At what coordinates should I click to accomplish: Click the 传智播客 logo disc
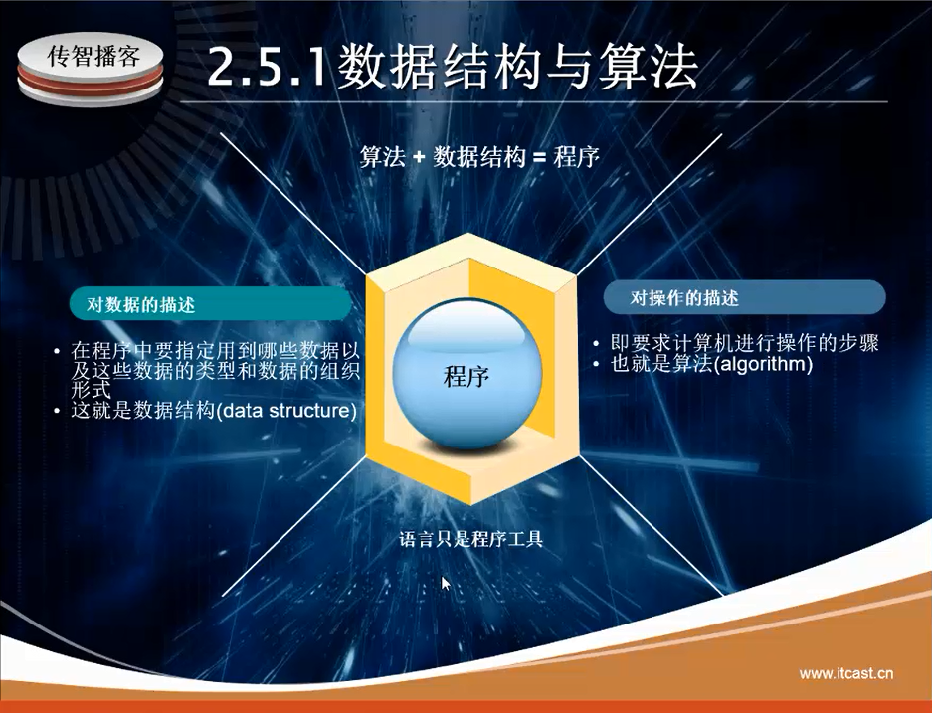click(91, 69)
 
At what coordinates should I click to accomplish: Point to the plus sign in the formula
click(419, 158)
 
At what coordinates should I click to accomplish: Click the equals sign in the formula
click(539, 158)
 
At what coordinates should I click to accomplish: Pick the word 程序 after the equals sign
click(576, 157)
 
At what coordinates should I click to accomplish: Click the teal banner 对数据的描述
click(211, 304)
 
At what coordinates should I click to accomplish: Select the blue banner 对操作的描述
click(744, 297)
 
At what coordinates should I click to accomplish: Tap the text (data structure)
click(285, 411)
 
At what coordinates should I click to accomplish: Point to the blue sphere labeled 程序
click(467, 374)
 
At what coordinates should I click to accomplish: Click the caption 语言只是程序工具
click(470, 540)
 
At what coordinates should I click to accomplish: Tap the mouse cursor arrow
click(446, 583)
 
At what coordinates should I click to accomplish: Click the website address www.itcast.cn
click(845, 674)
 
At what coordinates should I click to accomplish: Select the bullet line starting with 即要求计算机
click(744, 343)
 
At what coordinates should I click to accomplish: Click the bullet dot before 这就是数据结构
click(57, 411)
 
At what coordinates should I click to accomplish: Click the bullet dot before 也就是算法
click(596, 364)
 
